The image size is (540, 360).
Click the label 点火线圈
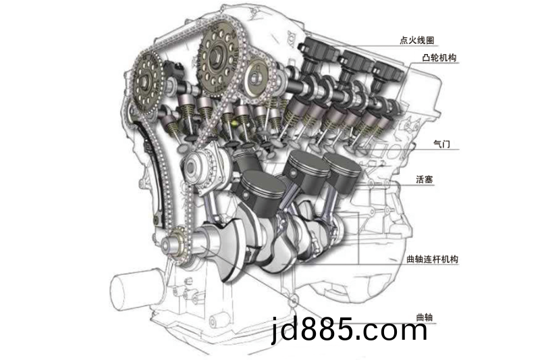(416, 41)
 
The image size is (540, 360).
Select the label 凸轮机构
(439, 57)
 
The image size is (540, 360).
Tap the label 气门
(441, 144)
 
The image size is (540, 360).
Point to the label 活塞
(425, 179)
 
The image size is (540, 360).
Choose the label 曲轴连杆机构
(432, 259)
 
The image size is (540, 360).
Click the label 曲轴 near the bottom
(425, 317)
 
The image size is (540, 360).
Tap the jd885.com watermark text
(350, 329)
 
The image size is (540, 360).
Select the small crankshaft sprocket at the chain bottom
(175, 244)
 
